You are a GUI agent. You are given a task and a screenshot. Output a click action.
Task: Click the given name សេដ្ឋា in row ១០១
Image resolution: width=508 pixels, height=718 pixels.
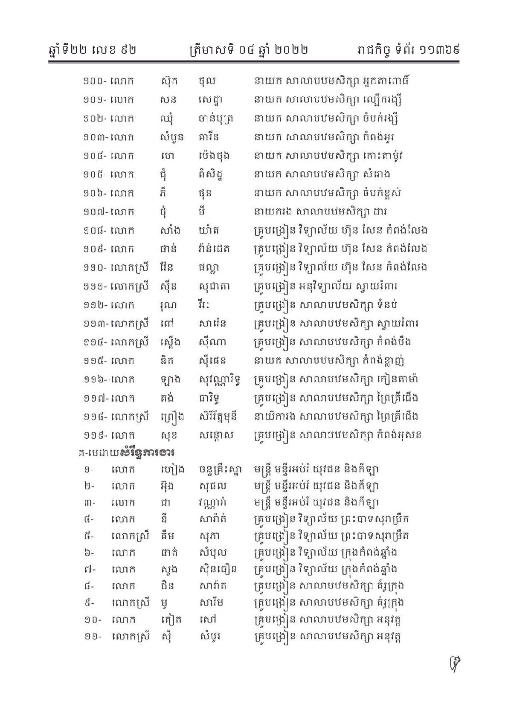coord(211,100)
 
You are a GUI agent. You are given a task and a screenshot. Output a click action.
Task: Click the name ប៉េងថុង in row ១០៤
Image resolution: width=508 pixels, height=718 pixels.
coord(215,156)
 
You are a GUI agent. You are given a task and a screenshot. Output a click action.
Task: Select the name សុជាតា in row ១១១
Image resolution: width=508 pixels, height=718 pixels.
coord(215,286)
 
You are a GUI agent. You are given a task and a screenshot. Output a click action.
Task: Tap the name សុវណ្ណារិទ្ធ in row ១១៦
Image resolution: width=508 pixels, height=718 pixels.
coord(221,379)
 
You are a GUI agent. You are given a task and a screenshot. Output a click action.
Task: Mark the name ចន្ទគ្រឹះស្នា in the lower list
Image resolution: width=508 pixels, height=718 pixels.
coord(221,469)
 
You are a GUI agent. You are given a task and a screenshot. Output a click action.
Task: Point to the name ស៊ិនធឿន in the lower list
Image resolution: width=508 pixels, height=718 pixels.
coord(218,569)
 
